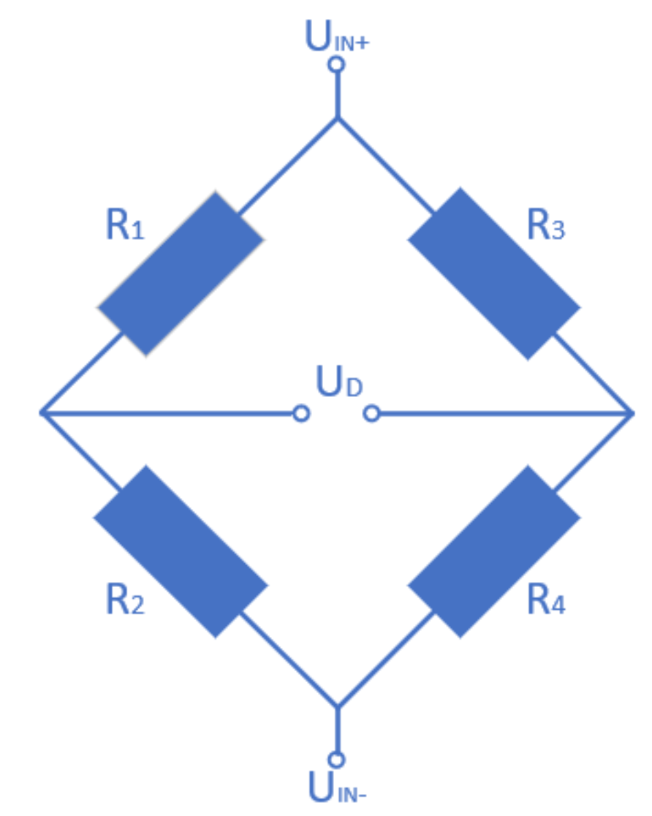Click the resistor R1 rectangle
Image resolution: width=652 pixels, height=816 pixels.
[181, 273]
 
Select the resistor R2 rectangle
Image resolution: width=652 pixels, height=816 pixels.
[181, 551]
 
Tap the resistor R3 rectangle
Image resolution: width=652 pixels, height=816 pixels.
[493, 273]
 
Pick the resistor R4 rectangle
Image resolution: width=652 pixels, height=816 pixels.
[493, 551]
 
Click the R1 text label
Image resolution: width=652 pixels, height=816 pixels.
[125, 226]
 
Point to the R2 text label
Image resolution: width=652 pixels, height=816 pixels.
[125, 601]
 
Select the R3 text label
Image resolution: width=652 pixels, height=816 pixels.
[546, 226]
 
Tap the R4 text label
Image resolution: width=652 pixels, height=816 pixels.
[546, 601]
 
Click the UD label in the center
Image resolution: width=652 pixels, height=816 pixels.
[338, 381]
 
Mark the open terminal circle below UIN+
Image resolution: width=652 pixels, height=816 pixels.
[336, 65]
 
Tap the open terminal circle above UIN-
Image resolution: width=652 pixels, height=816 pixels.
[336, 760]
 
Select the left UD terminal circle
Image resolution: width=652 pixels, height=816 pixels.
[301, 414]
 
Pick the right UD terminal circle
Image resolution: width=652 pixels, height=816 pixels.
[371, 414]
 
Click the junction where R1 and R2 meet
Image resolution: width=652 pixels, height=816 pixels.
[42, 413]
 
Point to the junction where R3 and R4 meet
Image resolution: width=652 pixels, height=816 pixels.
[632, 414]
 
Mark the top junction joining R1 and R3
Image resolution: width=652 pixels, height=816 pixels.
[337, 118]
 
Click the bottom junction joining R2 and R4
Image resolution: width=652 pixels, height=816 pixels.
[337, 707]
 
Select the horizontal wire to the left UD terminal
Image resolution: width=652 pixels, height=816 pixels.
[168, 413]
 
